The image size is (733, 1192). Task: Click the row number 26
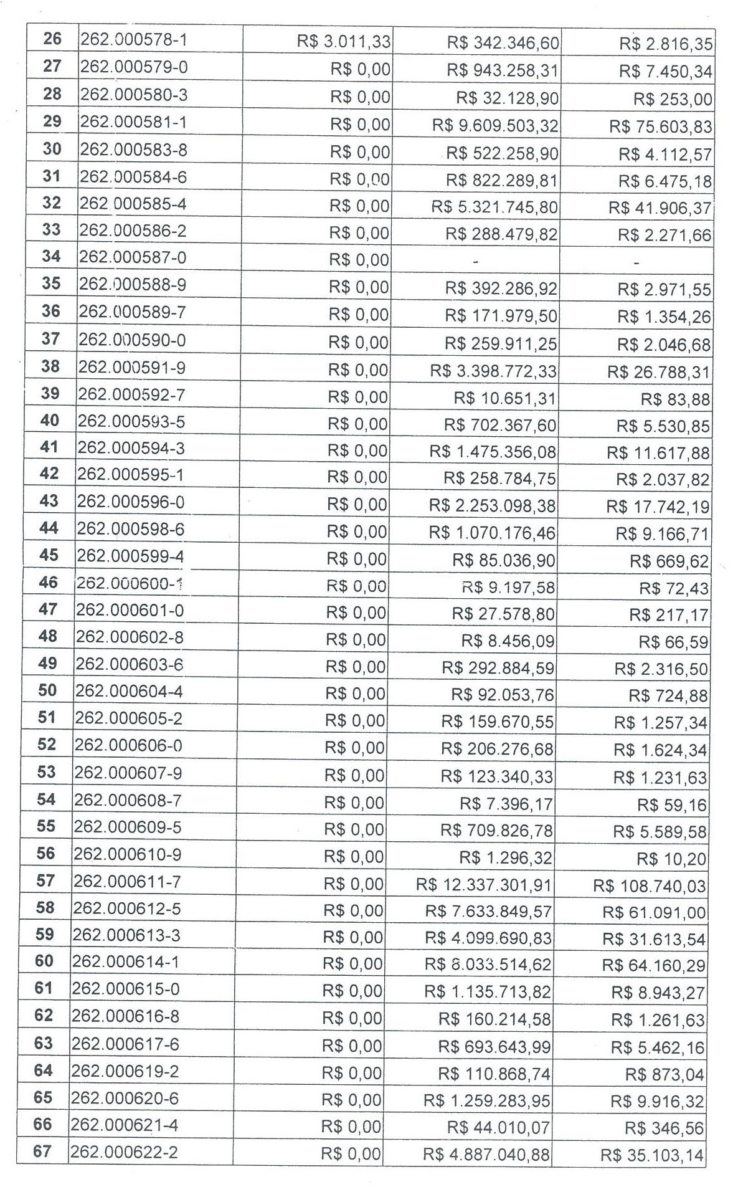point(52,39)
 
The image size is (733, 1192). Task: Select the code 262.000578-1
point(134,40)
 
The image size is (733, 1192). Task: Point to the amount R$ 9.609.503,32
point(495,126)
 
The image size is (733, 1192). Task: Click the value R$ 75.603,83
point(660,127)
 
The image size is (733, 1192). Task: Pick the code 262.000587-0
point(132,257)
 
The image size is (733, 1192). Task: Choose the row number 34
point(51,256)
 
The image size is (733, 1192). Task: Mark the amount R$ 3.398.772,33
point(493,372)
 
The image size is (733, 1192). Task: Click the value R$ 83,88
point(675,399)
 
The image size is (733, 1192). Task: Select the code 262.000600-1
point(130,583)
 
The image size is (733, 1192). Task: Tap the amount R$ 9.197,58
point(508,588)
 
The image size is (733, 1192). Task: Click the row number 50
point(47,690)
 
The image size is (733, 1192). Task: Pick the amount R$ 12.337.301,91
point(484,885)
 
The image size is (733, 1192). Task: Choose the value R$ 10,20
point(671,859)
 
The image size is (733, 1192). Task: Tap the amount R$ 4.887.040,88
point(486,1155)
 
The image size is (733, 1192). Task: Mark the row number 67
point(42,1151)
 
